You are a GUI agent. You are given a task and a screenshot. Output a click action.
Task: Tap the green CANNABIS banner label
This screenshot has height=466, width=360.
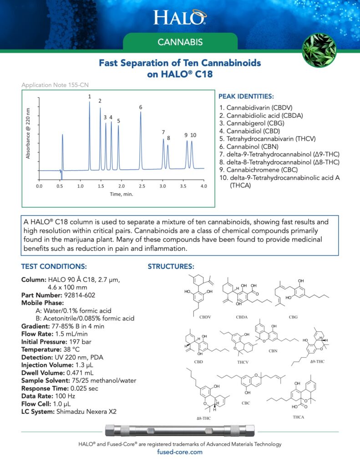180,43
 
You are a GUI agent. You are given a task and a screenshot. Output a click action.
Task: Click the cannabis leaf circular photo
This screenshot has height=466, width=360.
319,50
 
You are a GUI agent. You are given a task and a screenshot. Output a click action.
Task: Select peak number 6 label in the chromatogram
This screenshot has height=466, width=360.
141,107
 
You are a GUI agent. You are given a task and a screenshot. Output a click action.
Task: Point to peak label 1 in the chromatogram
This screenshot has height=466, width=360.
90,96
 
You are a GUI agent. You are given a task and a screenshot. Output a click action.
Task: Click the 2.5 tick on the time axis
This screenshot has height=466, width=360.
142,186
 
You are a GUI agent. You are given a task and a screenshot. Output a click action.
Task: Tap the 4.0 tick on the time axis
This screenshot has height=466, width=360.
203,186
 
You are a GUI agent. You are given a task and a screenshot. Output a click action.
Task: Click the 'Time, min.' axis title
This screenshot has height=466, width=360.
121,194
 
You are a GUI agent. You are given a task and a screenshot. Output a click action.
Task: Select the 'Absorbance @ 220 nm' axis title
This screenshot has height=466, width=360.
28,133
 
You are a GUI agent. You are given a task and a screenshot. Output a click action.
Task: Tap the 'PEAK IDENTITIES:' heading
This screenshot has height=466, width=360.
246,96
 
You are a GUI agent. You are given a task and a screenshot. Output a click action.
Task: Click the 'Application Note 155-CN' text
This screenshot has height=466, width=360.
49,85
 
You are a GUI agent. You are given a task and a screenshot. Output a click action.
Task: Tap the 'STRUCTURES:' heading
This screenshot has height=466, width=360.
171,266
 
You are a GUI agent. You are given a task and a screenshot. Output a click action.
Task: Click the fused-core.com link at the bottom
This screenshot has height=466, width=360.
180,452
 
